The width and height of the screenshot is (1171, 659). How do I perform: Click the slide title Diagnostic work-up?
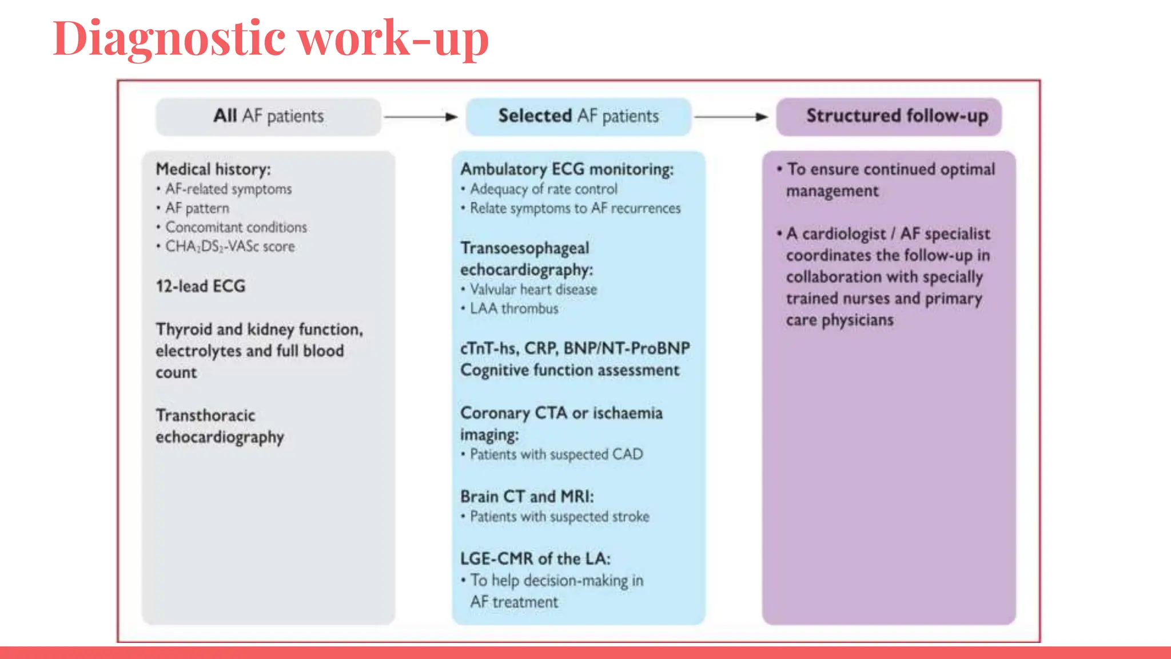coord(270,39)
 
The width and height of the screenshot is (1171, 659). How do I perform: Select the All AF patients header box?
coord(268,117)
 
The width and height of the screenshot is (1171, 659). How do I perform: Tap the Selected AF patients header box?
coord(578,117)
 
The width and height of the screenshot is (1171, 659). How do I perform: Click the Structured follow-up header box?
coord(889,117)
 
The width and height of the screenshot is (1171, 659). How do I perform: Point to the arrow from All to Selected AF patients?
coord(421,117)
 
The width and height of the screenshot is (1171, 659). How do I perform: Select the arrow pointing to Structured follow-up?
coord(731,117)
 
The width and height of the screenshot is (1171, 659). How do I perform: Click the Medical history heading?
coord(213,169)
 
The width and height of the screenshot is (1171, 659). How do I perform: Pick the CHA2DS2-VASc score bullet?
coord(230,247)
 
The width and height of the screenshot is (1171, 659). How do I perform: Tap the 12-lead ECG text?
coord(201,286)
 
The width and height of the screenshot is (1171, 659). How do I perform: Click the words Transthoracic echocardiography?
coord(220,426)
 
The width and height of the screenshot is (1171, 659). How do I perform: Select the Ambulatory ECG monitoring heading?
coord(567,169)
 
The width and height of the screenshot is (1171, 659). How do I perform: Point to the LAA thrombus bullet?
coord(513,309)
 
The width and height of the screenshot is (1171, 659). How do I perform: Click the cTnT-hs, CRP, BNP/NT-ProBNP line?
coord(575,348)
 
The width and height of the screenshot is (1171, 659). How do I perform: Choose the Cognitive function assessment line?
coord(569,370)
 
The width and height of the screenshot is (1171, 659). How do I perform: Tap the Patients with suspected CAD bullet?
coord(556,455)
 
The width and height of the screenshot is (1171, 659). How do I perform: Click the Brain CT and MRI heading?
coord(527,497)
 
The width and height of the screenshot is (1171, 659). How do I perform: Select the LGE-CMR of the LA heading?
coord(535,559)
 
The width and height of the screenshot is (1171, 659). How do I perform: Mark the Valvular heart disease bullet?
coord(533,289)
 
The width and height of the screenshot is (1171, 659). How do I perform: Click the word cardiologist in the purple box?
coord(843,234)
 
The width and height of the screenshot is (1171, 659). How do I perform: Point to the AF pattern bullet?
coord(197,208)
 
